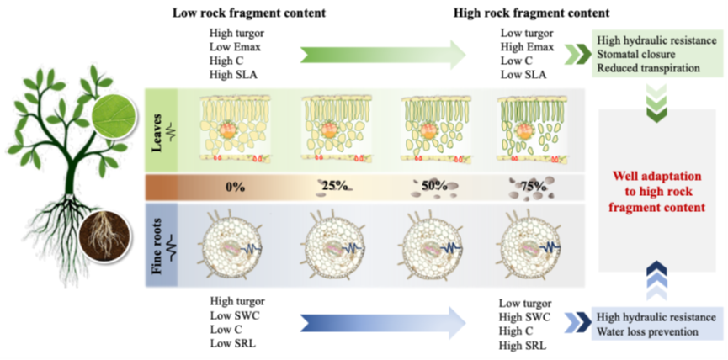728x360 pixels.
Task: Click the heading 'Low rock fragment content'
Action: click(x=238, y=13)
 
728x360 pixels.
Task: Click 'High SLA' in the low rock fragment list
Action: click(x=235, y=76)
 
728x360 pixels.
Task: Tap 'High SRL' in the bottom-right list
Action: click(x=523, y=346)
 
